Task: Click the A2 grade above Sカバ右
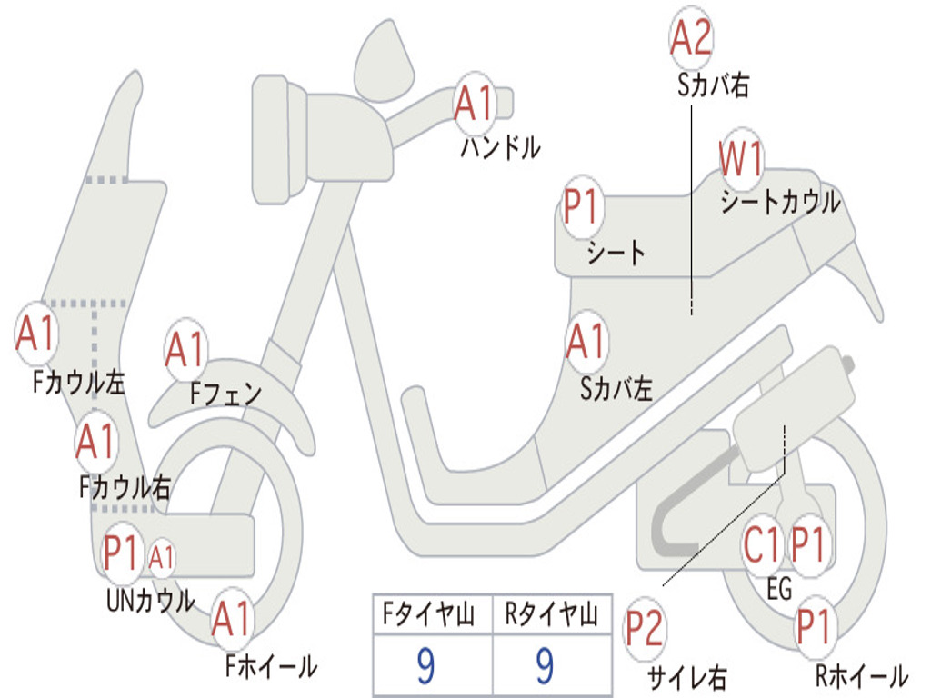pos(691,36)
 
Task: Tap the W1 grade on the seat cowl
pos(741,159)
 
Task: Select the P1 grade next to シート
pos(581,206)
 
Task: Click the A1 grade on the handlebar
pos(475,104)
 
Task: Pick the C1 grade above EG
pos(761,544)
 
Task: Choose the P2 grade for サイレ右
pos(644,629)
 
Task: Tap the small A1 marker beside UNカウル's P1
pos(161,558)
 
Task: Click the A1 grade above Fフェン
pos(185,349)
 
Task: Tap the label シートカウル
pos(780,202)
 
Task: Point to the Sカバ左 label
pos(616,389)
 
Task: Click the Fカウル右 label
pos(125,488)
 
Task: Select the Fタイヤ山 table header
pos(428,613)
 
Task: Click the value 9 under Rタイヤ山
pos(546,666)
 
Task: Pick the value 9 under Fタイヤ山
pos(425,666)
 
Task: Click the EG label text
pos(779,589)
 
